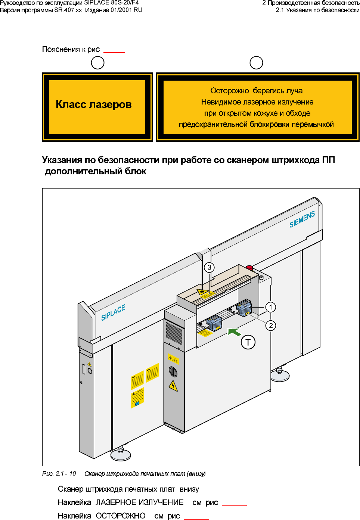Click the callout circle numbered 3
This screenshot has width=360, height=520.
coord(209,267)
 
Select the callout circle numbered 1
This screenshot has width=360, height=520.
coord(270,307)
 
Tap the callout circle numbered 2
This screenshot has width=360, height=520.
coord(271,326)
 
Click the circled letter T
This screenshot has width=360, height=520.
coord(248,342)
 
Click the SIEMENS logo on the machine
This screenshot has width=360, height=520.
coord(302,219)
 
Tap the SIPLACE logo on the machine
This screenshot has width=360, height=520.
coord(113,312)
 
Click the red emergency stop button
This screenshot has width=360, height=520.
coord(249,268)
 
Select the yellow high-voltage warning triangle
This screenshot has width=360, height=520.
coord(173,385)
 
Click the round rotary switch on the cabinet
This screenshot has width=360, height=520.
coord(173,371)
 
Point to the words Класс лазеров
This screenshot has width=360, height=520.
coord(94,105)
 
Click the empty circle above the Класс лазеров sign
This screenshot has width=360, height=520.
coord(97,63)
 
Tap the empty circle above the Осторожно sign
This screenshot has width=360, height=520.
coord(256,63)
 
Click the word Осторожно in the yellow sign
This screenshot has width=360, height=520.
coord(229,91)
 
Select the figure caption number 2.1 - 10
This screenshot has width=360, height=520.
coord(66,474)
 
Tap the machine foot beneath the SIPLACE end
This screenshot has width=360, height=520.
coord(121,454)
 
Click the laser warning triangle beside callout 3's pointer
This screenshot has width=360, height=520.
coord(203,292)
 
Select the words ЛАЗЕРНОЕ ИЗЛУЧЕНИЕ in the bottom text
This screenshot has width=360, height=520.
coord(140,502)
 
